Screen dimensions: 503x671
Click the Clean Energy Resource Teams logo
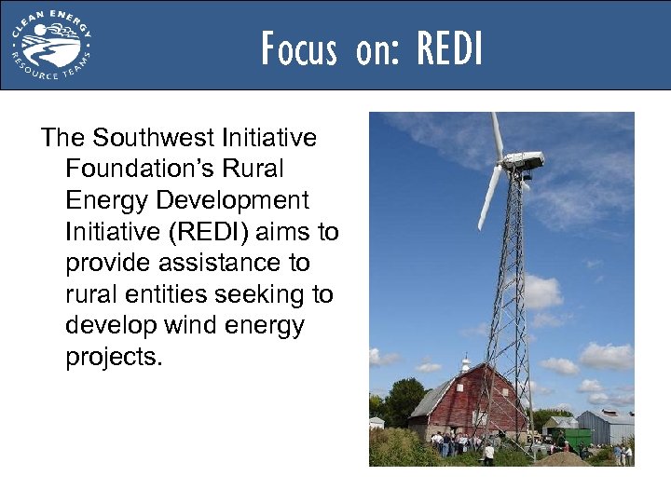click(50, 45)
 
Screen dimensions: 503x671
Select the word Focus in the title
click(298, 48)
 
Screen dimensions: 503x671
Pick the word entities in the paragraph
click(171, 295)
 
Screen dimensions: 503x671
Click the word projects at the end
click(114, 358)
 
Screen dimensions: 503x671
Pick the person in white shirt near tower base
click(488, 453)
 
